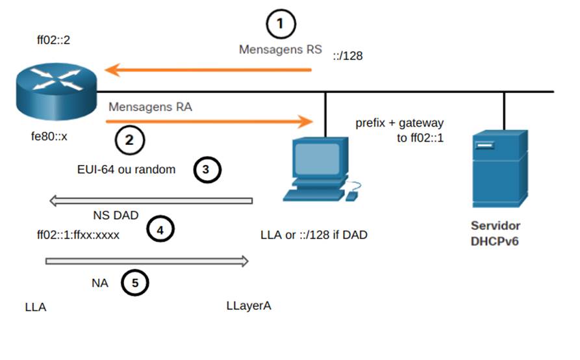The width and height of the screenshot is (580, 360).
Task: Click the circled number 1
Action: coord(281,25)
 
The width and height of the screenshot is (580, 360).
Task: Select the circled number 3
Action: coord(208,170)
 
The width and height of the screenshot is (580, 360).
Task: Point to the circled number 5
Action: coord(135,283)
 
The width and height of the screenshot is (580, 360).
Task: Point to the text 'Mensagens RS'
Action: coord(280,49)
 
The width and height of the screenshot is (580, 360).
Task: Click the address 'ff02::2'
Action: coord(53,40)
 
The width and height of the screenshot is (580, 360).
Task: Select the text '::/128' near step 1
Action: coord(347,56)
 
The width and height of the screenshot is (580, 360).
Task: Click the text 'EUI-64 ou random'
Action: coord(126,170)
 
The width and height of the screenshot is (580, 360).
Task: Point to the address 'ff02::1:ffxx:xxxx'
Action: coord(79,235)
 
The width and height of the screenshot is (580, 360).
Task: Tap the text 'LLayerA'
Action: coord(249,305)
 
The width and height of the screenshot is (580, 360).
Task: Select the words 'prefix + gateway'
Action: coord(399,123)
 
